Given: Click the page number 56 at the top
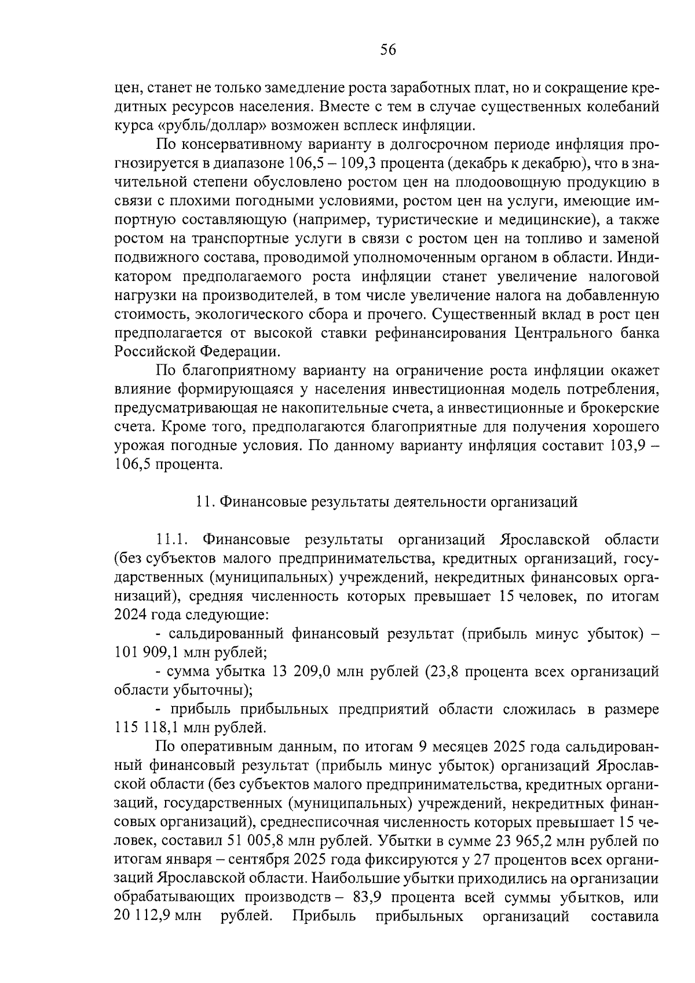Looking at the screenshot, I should point(387,50).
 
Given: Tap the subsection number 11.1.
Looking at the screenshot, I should point(171,540).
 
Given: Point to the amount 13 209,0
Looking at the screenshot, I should point(302,672).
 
